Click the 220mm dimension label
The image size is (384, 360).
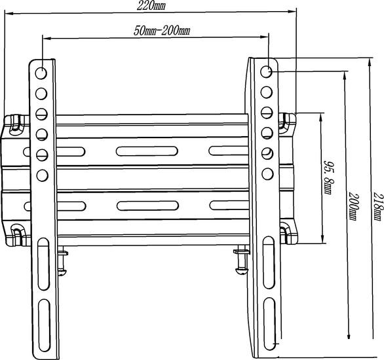[x=151, y=6]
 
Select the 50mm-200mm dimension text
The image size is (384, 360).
[x=162, y=31]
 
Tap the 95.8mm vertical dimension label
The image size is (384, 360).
[x=328, y=177]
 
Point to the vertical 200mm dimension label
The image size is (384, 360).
[x=353, y=207]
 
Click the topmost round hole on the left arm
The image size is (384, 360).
[x=41, y=73]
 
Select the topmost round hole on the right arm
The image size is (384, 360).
[x=266, y=71]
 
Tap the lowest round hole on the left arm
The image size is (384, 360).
[x=42, y=175]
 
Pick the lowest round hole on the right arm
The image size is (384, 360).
[x=267, y=174]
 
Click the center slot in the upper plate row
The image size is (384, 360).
[x=147, y=151]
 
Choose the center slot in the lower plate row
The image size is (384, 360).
[x=147, y=206]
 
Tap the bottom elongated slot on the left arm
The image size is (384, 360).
[x=45, y=325]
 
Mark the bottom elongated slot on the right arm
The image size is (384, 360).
[x=269, y=323]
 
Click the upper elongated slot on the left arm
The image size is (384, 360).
[x=44, y=264]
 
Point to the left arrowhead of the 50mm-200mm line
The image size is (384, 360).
[x=47, y=38]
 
